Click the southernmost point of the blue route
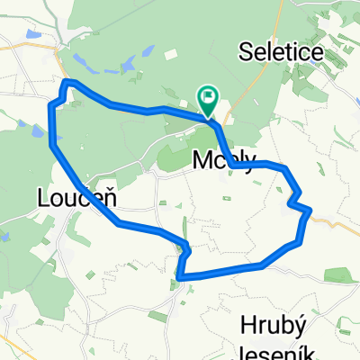pyautogui.click(x=183, y=279)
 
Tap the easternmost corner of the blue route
pyautogui.click(x=310, y=211)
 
